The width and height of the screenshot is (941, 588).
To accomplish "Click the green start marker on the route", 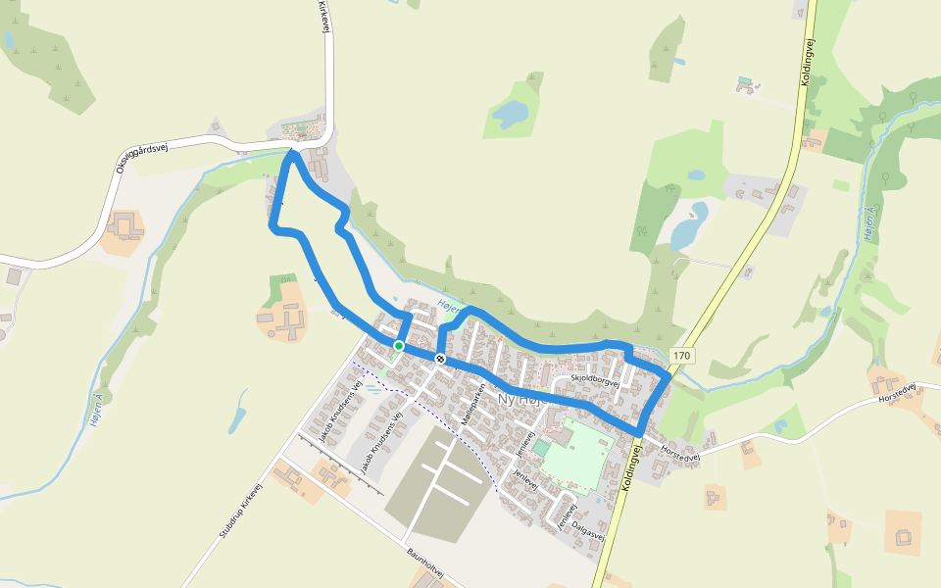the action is click(x=399, y=346).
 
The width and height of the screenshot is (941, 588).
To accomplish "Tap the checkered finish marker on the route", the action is click(x=440, y=359).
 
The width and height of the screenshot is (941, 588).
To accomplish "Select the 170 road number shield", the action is click(x=682, y=355).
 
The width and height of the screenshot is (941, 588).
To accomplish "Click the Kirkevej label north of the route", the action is click(x=322, y=18).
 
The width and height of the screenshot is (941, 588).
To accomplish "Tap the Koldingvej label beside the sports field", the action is click(x=629, y=466).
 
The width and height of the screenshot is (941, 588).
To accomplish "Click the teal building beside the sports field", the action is click(x=541, y=448).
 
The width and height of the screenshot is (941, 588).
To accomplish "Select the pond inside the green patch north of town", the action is click(x=510, y=116).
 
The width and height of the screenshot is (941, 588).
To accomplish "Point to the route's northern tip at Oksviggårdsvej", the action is click(x=291, y=154).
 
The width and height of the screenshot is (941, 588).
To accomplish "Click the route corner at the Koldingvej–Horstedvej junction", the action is click(x=640, y=432).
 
